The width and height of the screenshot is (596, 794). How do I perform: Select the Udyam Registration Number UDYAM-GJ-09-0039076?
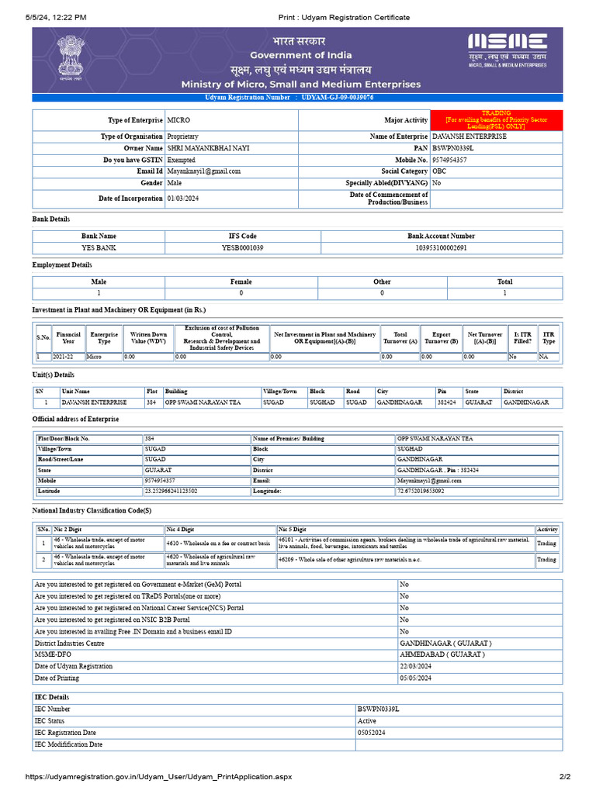click(338, 98)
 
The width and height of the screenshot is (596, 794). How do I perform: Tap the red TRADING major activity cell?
click(485, 120)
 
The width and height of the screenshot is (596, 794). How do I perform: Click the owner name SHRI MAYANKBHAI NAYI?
click(204, 148)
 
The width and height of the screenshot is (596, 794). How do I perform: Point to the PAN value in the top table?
click(453, 148)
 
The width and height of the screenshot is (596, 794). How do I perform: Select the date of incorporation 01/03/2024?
click(182, 198)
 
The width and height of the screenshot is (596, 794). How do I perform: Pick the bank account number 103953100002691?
click(441, 248)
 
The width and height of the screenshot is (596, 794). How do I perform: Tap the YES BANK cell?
click(99, 248)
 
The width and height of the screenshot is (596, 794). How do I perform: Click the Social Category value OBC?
click(439, 171)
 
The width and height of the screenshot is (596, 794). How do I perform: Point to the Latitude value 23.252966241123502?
click(171, 491)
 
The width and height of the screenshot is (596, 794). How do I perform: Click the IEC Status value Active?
click(366, 721)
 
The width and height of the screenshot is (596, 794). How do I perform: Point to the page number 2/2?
click(564, 776)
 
